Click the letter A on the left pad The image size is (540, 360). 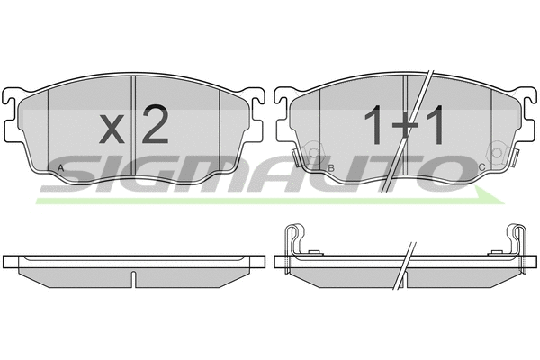(x=60, y=168)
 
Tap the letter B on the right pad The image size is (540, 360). (x=331, y=168)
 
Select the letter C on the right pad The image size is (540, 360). (x=482, y=167)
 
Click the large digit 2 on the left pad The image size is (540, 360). (x=155, y=124)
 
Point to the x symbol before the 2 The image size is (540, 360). (x=112, y=129)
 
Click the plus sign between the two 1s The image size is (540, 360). (x=404, y=125)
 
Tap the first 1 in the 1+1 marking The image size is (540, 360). (x=373, y=125)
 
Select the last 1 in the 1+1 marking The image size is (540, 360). (x=434, y=125)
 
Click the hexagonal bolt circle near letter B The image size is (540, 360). (x=313, y=152)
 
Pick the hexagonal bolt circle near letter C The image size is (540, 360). (x=497, y=152)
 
